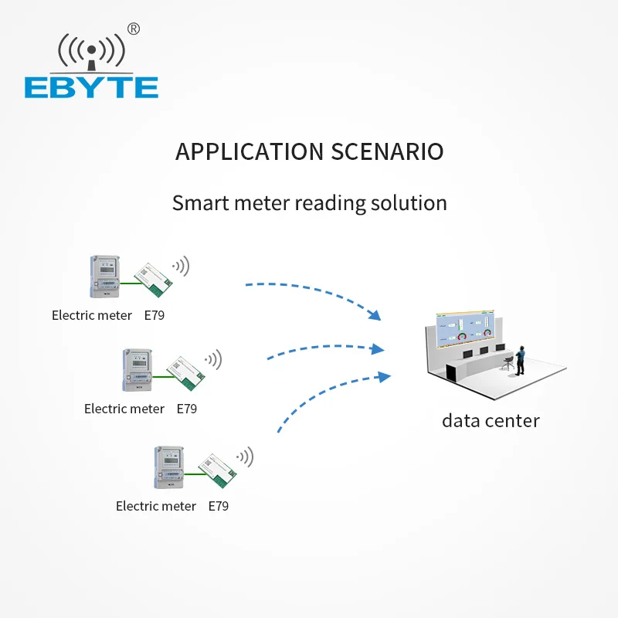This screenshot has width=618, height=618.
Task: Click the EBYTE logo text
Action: tap(91, 87)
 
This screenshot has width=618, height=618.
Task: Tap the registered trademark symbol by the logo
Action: tap(134, 29)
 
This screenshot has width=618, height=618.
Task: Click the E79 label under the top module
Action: tap(154, 315)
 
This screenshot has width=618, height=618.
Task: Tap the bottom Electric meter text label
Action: tap(156, 506)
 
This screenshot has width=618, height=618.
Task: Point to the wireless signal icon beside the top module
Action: tap(182, 267)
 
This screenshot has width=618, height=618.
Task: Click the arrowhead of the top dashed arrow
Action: tap(375, 315)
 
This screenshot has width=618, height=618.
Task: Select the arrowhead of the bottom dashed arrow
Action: tap(384, 376)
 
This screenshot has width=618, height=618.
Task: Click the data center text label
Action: tap(491, 420)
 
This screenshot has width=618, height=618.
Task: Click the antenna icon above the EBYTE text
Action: tap(91, 53)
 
